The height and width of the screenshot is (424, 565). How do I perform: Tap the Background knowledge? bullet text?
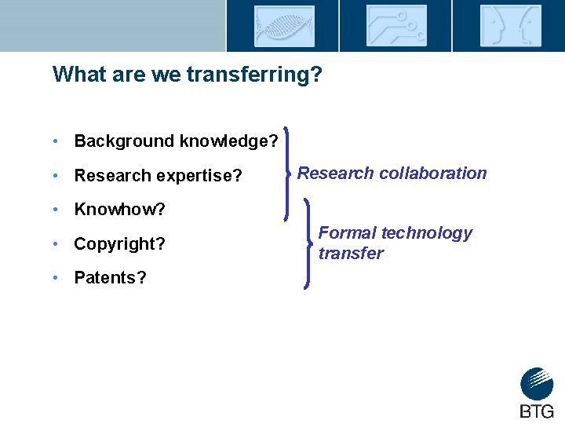176,141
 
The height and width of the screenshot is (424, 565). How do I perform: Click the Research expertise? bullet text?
158,176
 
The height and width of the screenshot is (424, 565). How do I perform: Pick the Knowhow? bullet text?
119,210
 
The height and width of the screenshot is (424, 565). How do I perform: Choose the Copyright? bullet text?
119,244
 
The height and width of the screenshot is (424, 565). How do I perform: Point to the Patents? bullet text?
110,278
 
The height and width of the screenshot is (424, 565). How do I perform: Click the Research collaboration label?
392,174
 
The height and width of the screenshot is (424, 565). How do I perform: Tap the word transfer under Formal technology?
351,254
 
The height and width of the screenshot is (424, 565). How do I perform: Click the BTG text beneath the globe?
537,411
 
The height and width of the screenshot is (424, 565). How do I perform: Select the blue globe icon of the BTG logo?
537,384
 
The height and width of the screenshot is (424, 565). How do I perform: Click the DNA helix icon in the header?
283,26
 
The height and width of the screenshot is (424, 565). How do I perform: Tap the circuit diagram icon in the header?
396,26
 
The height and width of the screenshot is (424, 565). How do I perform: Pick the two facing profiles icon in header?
509,26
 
